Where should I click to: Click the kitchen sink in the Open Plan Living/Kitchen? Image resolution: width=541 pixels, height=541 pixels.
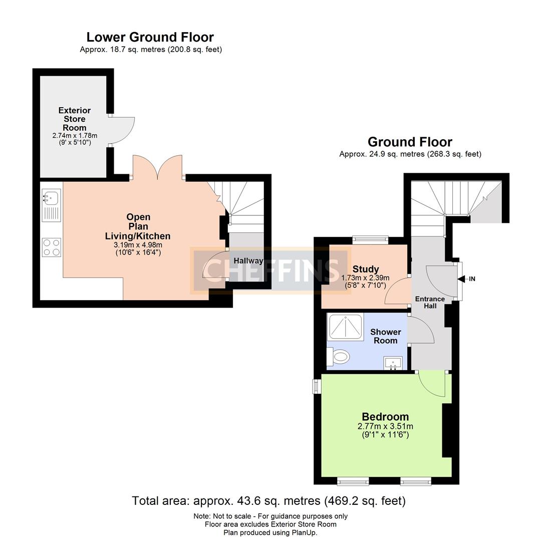(x=51, y=205)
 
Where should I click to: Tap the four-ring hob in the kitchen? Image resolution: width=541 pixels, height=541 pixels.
(x=51, y=247)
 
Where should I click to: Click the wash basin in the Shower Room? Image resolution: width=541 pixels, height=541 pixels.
(x=392, y=363)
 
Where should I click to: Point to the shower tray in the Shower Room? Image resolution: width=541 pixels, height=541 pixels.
(x=346, y=327)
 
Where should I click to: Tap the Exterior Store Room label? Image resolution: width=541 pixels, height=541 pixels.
(x=75, y=119)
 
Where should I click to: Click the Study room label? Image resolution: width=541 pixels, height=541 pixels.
(x=366, y=269)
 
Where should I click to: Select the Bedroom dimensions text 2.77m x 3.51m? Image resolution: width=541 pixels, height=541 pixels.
(x=385, y=426)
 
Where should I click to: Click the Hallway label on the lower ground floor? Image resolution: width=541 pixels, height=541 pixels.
(x=248, y=260)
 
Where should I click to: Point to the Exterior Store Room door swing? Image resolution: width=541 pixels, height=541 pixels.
(x=122, y=130)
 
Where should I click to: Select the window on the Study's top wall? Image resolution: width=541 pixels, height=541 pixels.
(x=370, y=240)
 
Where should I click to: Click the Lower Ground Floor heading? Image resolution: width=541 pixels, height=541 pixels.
(x=150, y=37)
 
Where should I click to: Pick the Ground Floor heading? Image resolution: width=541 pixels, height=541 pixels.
(x=410, y=142)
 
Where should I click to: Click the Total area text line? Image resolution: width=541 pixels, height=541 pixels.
(x=268, y=500)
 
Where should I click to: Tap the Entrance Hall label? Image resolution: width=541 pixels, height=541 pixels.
(x=430, y=302)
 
